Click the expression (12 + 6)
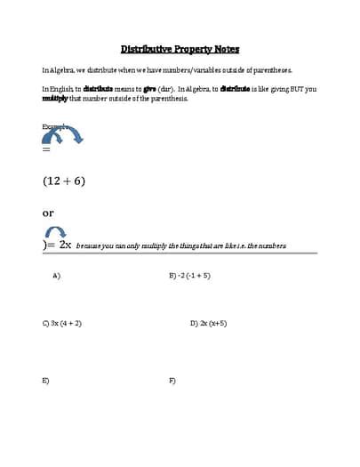click(63, 181)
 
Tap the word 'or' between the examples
click(48, 213)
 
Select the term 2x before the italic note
click(65, 245)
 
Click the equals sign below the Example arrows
click(47, 149)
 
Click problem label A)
click(56, 276)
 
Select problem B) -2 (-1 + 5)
click(189, 276)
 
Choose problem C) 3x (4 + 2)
click(62, 323)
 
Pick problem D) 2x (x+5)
click(208, 323)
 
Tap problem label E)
click(46, 380)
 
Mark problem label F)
click(172, 380)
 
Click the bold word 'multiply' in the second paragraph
click(55, 98)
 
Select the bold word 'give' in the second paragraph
click(149, 89)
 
